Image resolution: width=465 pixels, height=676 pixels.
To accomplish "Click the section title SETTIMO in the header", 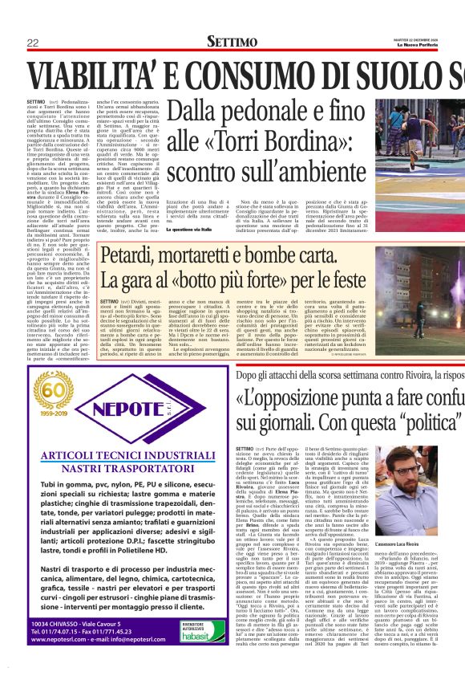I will pos(232,41).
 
